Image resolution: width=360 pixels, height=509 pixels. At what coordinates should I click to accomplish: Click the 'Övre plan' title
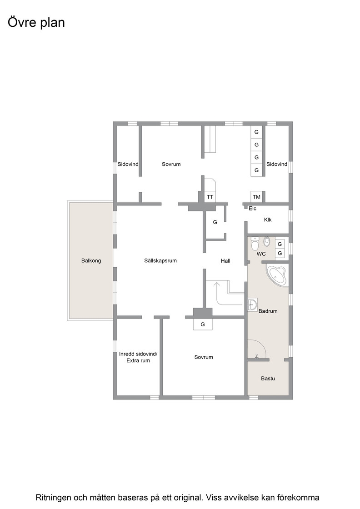pos(36,23)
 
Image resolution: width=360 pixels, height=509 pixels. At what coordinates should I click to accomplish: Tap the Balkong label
pos(91,260)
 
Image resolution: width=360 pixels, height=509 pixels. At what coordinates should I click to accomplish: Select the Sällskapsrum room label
pos(160,260)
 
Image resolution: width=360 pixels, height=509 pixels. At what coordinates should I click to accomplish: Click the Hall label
pos(225,261)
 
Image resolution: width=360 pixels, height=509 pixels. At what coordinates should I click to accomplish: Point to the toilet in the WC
pos(255,244)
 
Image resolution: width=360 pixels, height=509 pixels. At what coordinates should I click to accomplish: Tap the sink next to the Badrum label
pos(252,304)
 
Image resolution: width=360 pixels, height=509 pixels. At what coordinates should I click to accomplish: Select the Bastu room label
pos(268,378)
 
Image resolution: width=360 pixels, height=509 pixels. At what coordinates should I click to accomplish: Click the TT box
pos(210,197)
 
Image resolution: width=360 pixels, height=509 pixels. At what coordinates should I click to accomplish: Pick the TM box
pos(256,197)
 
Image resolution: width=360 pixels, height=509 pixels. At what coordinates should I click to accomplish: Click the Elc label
pos(253,209)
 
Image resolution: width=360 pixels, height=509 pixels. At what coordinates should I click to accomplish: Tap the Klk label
pos(268,220)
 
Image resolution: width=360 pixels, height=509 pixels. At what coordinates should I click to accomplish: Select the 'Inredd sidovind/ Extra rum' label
pos(138,357)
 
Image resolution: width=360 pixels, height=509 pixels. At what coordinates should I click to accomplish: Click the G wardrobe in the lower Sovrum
pos(203,324)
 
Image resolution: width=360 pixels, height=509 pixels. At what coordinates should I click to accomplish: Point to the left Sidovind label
pos(128,164)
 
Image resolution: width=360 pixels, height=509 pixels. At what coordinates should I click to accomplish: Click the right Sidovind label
pos(277,164)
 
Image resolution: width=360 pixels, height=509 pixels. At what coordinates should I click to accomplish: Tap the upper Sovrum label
pos(171,164)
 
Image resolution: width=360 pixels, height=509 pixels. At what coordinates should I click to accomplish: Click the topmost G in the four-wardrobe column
pos(256,132)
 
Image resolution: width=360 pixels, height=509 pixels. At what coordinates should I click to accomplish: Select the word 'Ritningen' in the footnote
pos(54,497)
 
